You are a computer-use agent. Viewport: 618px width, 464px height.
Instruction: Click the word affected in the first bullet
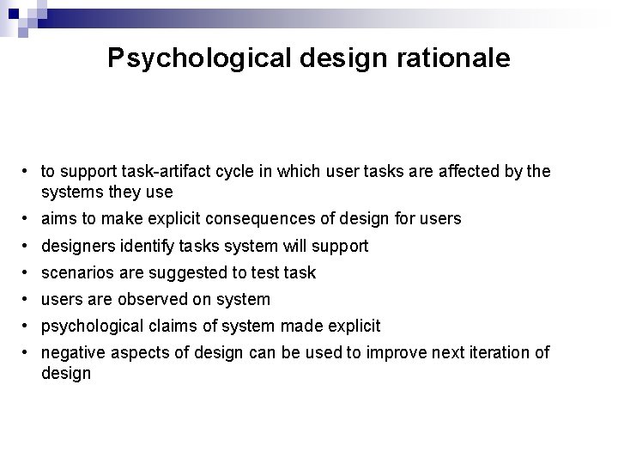tap(455, 172)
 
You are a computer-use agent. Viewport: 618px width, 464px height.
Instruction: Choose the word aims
tap(58, 219)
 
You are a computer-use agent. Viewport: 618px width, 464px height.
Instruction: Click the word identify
tap(145, 246)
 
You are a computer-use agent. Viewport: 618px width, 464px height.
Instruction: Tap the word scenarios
tap(76, 272)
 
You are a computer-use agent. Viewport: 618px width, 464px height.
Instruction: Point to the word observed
tap(148, 299)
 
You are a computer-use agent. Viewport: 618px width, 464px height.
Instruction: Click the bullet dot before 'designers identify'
tap(28, 247)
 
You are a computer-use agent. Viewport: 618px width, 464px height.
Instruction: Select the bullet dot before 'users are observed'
tap(28, 300)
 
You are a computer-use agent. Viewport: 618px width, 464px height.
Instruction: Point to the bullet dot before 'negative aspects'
tap(28, 353)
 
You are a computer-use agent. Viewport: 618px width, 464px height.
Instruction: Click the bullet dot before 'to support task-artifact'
tap(28, 173)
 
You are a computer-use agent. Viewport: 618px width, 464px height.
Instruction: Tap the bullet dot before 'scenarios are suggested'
tap(28, 273)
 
